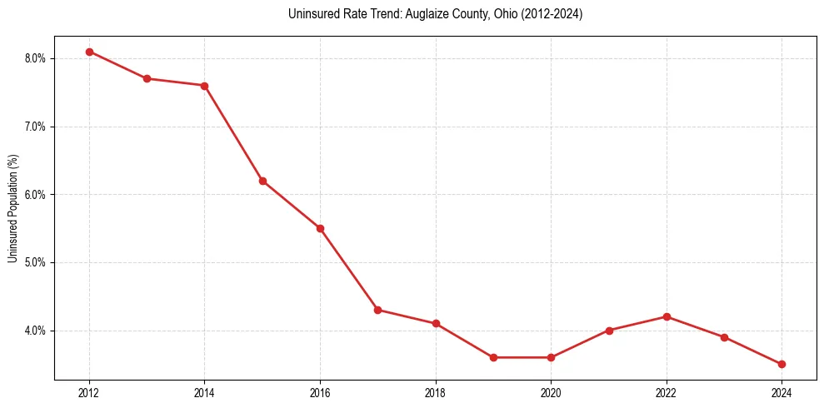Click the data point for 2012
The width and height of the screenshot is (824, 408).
[89, 52]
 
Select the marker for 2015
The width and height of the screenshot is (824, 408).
[262, 181]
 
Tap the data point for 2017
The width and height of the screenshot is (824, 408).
[377, 310]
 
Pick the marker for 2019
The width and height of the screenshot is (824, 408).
[493, 357]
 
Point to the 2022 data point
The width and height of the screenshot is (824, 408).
[667, 316]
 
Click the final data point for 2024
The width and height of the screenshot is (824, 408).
[782, 364]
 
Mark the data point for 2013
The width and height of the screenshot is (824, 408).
[147, 78]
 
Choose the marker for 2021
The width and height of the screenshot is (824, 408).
[609, 331]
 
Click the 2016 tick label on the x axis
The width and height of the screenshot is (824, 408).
[320, 391]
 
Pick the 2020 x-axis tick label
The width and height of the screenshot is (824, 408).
[551, 391]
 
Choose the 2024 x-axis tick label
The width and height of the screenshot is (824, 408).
[782, 391]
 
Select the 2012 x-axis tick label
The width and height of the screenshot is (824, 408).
[89, 391]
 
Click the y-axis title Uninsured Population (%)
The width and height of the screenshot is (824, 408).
[12, 208]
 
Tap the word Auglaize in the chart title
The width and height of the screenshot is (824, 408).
[428, 14]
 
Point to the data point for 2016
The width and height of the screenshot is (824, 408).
[320, 228]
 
